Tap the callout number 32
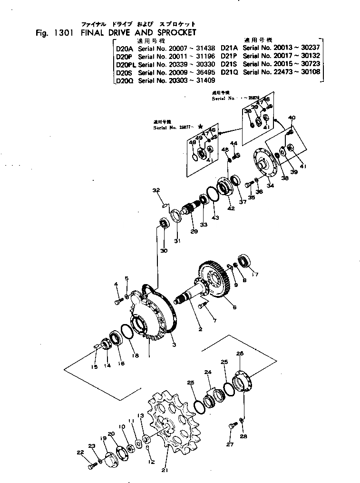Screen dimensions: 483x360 [156, 191]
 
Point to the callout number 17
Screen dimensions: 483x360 [255, 274]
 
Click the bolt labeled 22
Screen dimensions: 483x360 [91, 466]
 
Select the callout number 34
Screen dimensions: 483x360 [270, 186]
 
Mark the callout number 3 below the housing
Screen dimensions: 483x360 [174, 344]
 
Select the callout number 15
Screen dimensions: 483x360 [94, 366]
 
